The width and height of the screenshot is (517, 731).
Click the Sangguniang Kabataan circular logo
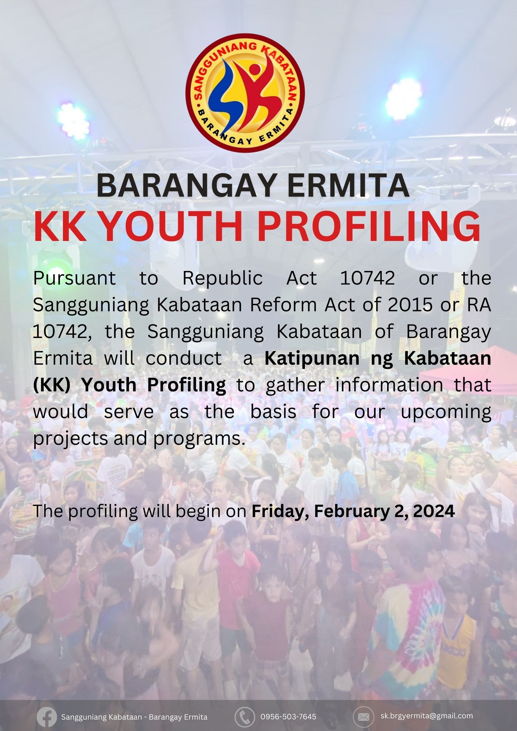pyautogui.click(x=245, y=93)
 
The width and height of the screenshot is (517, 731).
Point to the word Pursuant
pyautogui.click(x=74, y=278)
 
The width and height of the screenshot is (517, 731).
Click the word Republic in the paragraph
pyautogui.click(x=223, y=278)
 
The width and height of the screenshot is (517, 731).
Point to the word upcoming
pyautogui.click(x=446, y=413)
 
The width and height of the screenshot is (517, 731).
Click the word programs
pyautogui.click(x=200, y=439)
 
